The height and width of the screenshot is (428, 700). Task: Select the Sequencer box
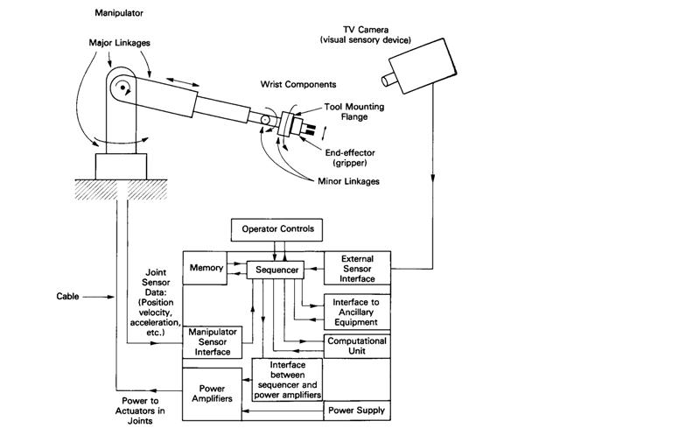tap(274, 270)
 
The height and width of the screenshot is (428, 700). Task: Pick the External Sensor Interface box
tap(358, 269)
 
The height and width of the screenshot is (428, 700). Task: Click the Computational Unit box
tap(357, 346)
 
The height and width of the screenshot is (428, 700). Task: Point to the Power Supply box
tap(357, 410)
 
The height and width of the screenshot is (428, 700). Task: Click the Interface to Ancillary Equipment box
tap(357, 308)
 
